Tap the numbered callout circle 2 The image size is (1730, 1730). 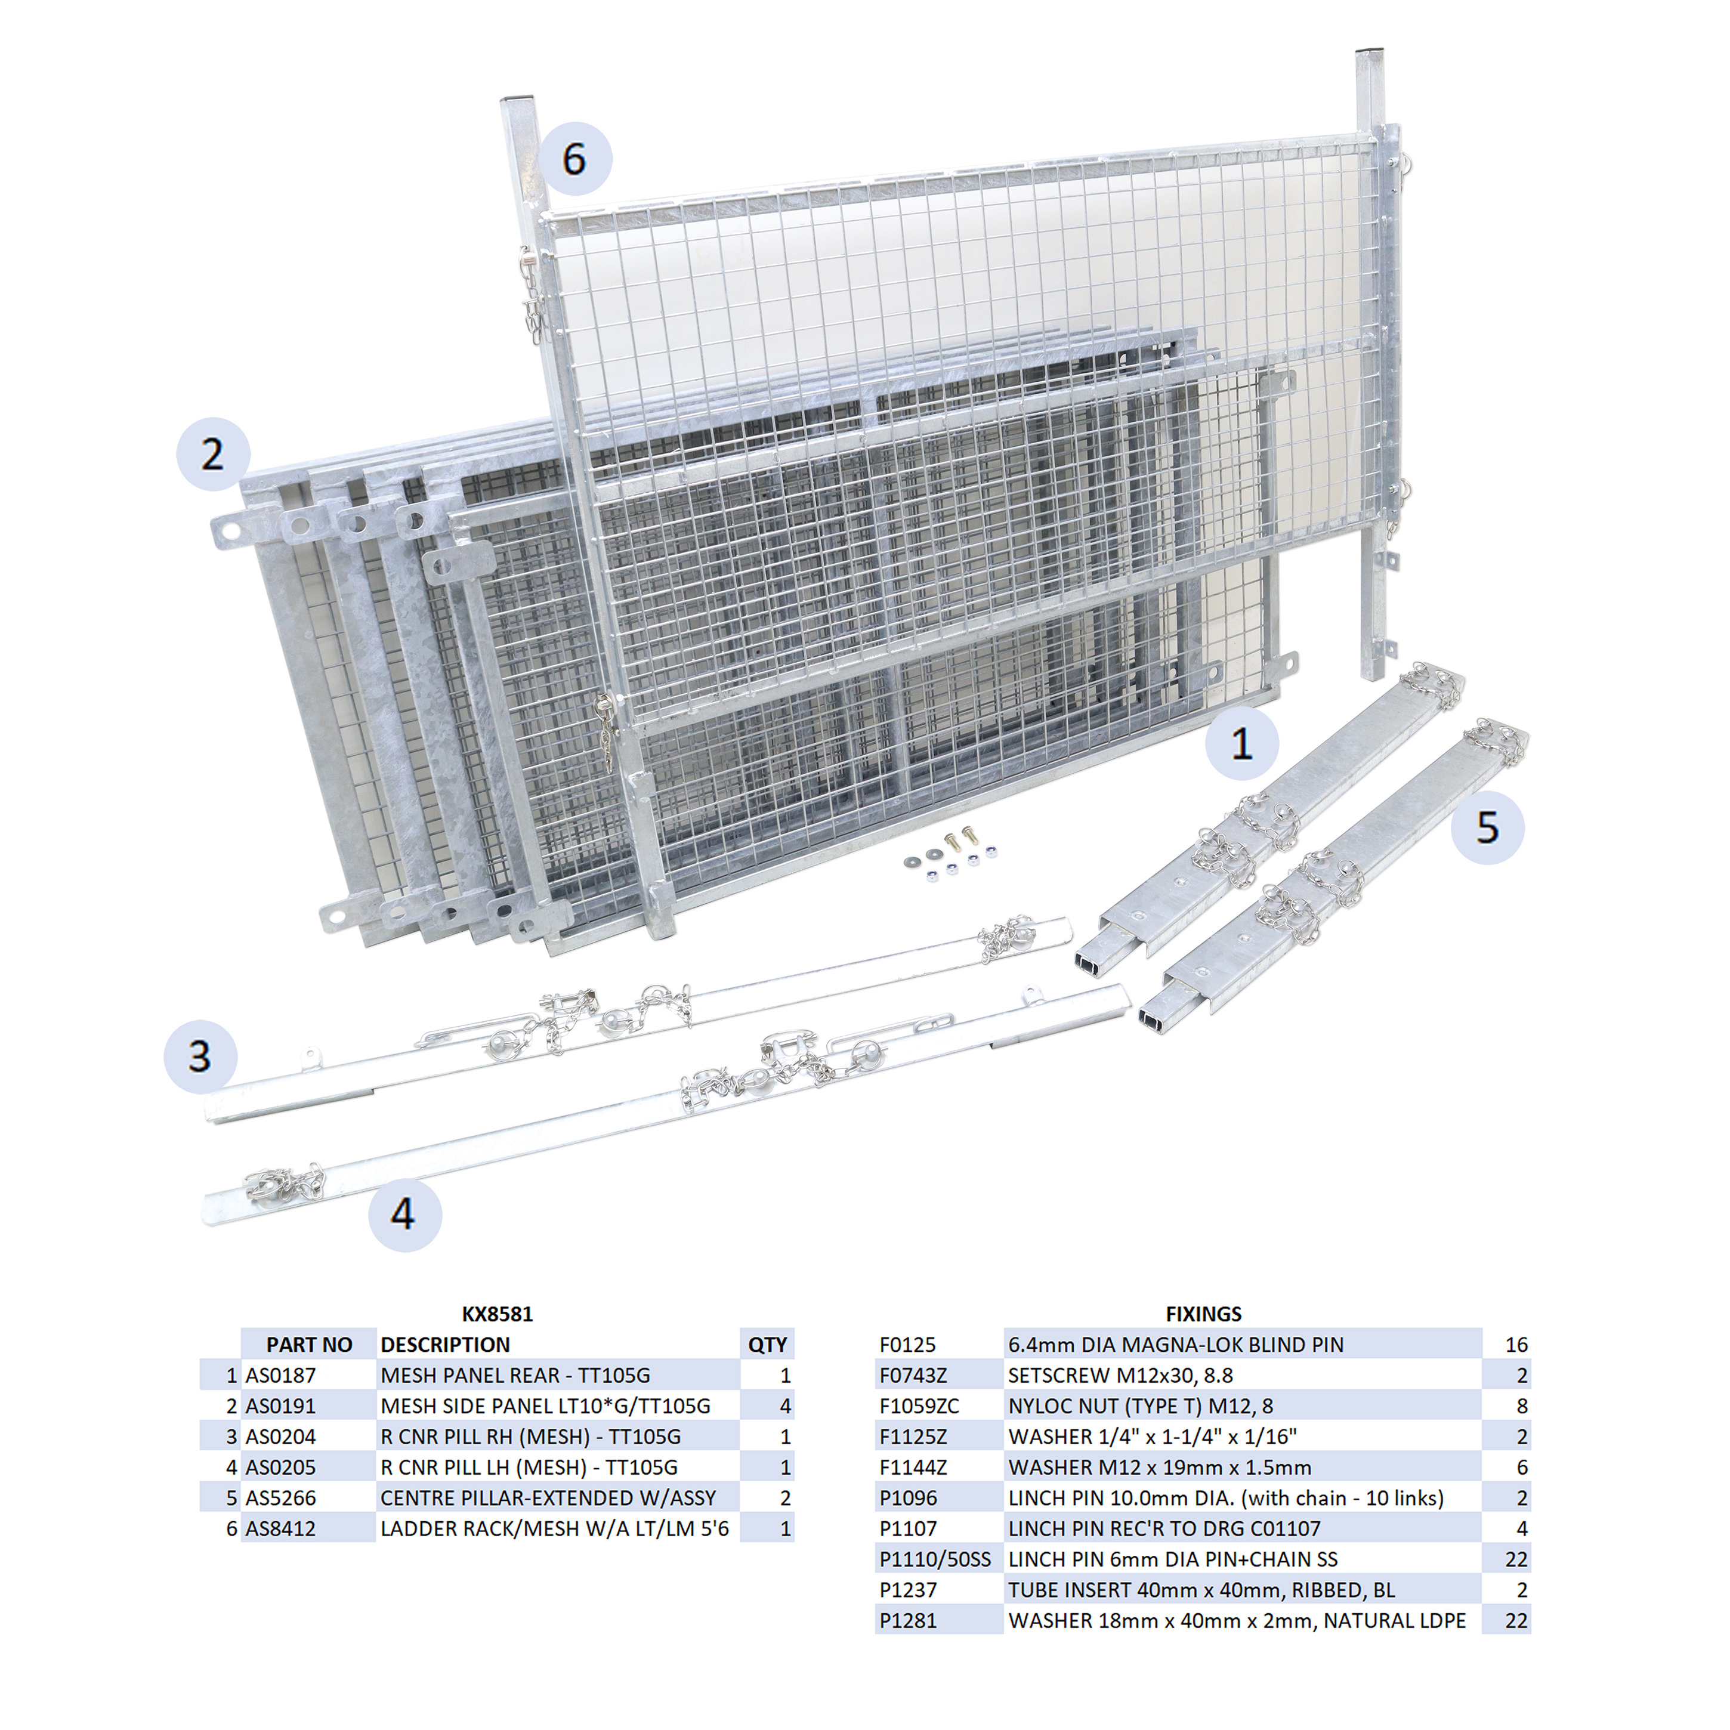click(213, 454)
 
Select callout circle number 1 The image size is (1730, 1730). click(1242, 743)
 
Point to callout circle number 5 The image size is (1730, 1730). click(1487, 827)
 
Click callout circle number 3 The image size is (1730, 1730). click(200, 1056)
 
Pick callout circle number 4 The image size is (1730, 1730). click(404, 1214)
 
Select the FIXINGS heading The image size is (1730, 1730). click(1203, 1314)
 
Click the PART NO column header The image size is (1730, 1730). click(309, 1345)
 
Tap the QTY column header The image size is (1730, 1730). click(767, 1345)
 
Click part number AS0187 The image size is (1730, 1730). click(280, 1376)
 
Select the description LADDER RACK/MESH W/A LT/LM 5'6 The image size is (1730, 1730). click(554, 1528)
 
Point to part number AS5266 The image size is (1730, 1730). click(280, 1498)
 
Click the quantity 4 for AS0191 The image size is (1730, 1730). click(785, 1406)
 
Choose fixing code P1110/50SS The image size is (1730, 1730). click(935, 1559)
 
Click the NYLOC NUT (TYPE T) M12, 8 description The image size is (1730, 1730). click(1140, 1406)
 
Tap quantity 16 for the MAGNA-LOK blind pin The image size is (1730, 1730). click(1516, 1345)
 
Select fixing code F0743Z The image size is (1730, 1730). click(913, 1376)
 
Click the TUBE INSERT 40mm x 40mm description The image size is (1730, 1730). click(1201, 1589)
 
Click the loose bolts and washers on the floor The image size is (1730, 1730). click(951, 851)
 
